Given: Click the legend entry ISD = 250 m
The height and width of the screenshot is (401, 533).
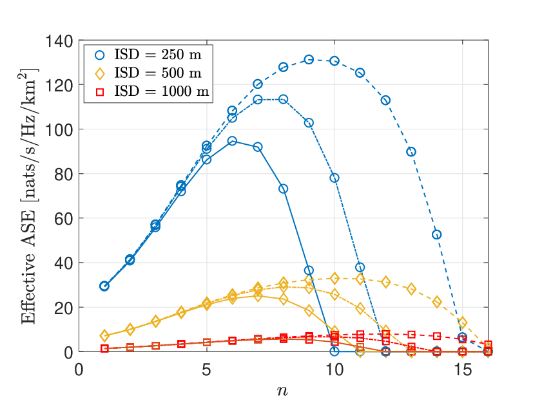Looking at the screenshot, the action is click(148, 55).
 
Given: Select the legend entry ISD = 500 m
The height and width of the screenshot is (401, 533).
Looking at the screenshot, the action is click(148, 73).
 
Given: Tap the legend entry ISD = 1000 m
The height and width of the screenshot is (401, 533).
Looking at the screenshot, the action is click(152, 91).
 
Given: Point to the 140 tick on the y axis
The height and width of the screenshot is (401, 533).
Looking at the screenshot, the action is click(59, 41).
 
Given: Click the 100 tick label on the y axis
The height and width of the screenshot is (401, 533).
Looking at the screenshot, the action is click(59, 129).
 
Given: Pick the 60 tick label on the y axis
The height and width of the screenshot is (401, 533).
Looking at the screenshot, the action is click(64, 218).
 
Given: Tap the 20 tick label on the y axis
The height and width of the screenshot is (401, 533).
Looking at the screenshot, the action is click(64, 308).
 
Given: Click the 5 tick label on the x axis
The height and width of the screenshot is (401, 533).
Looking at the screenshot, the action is click(206, 369).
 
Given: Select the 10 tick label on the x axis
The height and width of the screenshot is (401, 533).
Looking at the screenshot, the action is click(334, 369).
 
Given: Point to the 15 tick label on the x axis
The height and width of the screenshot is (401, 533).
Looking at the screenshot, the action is click(462, 369).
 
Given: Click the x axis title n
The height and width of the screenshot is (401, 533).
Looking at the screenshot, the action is click(282, 391).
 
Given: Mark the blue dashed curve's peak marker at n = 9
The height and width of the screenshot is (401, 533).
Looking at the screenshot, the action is click(309, 59).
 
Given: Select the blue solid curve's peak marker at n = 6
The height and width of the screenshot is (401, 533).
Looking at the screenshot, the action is click(232, 141).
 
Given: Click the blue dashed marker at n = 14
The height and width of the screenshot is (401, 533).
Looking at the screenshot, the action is click(437, 235).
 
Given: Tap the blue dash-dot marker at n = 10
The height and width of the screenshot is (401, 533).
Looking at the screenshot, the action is click(334, 178).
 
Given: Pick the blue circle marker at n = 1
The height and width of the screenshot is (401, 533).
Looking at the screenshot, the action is click(104, 286).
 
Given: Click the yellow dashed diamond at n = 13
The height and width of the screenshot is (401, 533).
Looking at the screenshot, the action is click(411, 289).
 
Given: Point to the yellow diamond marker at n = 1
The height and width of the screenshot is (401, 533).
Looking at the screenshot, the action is click(104, 336).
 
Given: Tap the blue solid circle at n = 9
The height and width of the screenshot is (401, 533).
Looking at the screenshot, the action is click(309, 270).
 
